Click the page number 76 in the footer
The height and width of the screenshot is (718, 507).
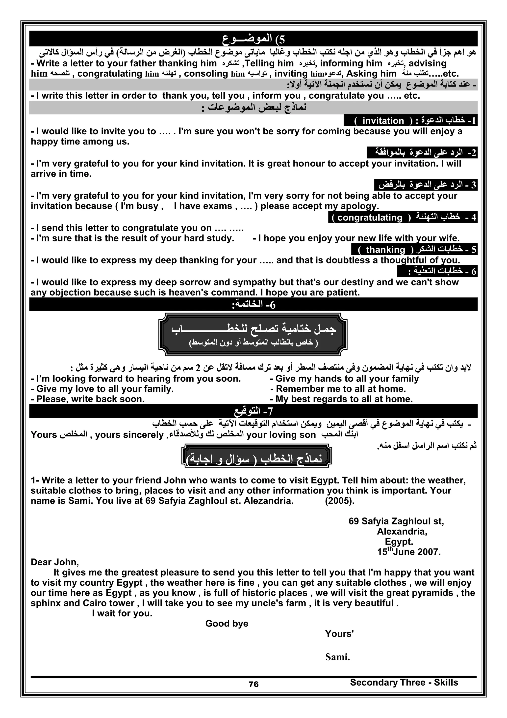253,684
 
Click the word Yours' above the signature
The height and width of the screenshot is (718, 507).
339,633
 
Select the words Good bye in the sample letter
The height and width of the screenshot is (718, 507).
227,623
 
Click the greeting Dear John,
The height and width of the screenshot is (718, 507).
55,562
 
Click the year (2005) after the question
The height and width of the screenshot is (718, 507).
340,501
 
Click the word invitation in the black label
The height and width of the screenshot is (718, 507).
383,121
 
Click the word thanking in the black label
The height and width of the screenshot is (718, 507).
385,250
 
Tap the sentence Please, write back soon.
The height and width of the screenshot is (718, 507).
88,399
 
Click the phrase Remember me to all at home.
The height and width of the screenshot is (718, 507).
338,389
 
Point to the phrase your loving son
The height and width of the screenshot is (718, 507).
281,435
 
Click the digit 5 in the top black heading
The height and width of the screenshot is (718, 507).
281,40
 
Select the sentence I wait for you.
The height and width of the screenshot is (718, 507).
122,613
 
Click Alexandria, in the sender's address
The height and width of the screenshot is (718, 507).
402,531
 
